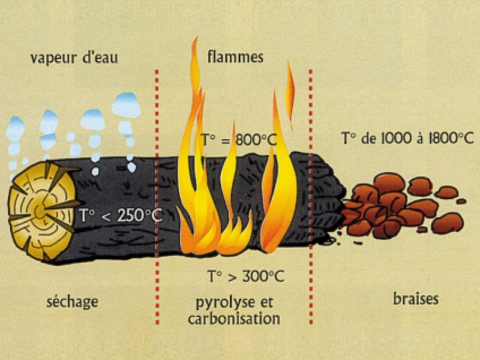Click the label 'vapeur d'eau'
74,58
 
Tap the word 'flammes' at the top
235,57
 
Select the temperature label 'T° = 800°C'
239,140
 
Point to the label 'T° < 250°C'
121,215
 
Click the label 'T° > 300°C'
246,276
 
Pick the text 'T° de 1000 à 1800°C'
407,139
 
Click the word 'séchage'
72,302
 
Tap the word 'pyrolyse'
225,303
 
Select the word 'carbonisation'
234,319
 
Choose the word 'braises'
415,299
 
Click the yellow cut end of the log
41,211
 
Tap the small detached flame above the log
290,95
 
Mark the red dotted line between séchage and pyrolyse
157,197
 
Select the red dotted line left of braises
311,197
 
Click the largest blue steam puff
126,106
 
